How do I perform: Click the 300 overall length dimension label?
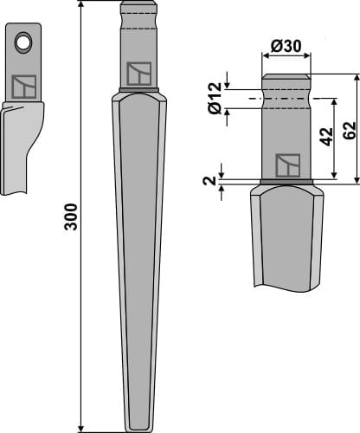71,216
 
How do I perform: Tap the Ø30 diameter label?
286,45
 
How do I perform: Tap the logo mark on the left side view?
23,87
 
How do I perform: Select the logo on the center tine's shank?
138,74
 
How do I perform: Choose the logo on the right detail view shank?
286,165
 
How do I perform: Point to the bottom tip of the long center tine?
138,429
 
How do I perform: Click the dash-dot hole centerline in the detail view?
286,99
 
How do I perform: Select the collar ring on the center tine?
138,92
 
